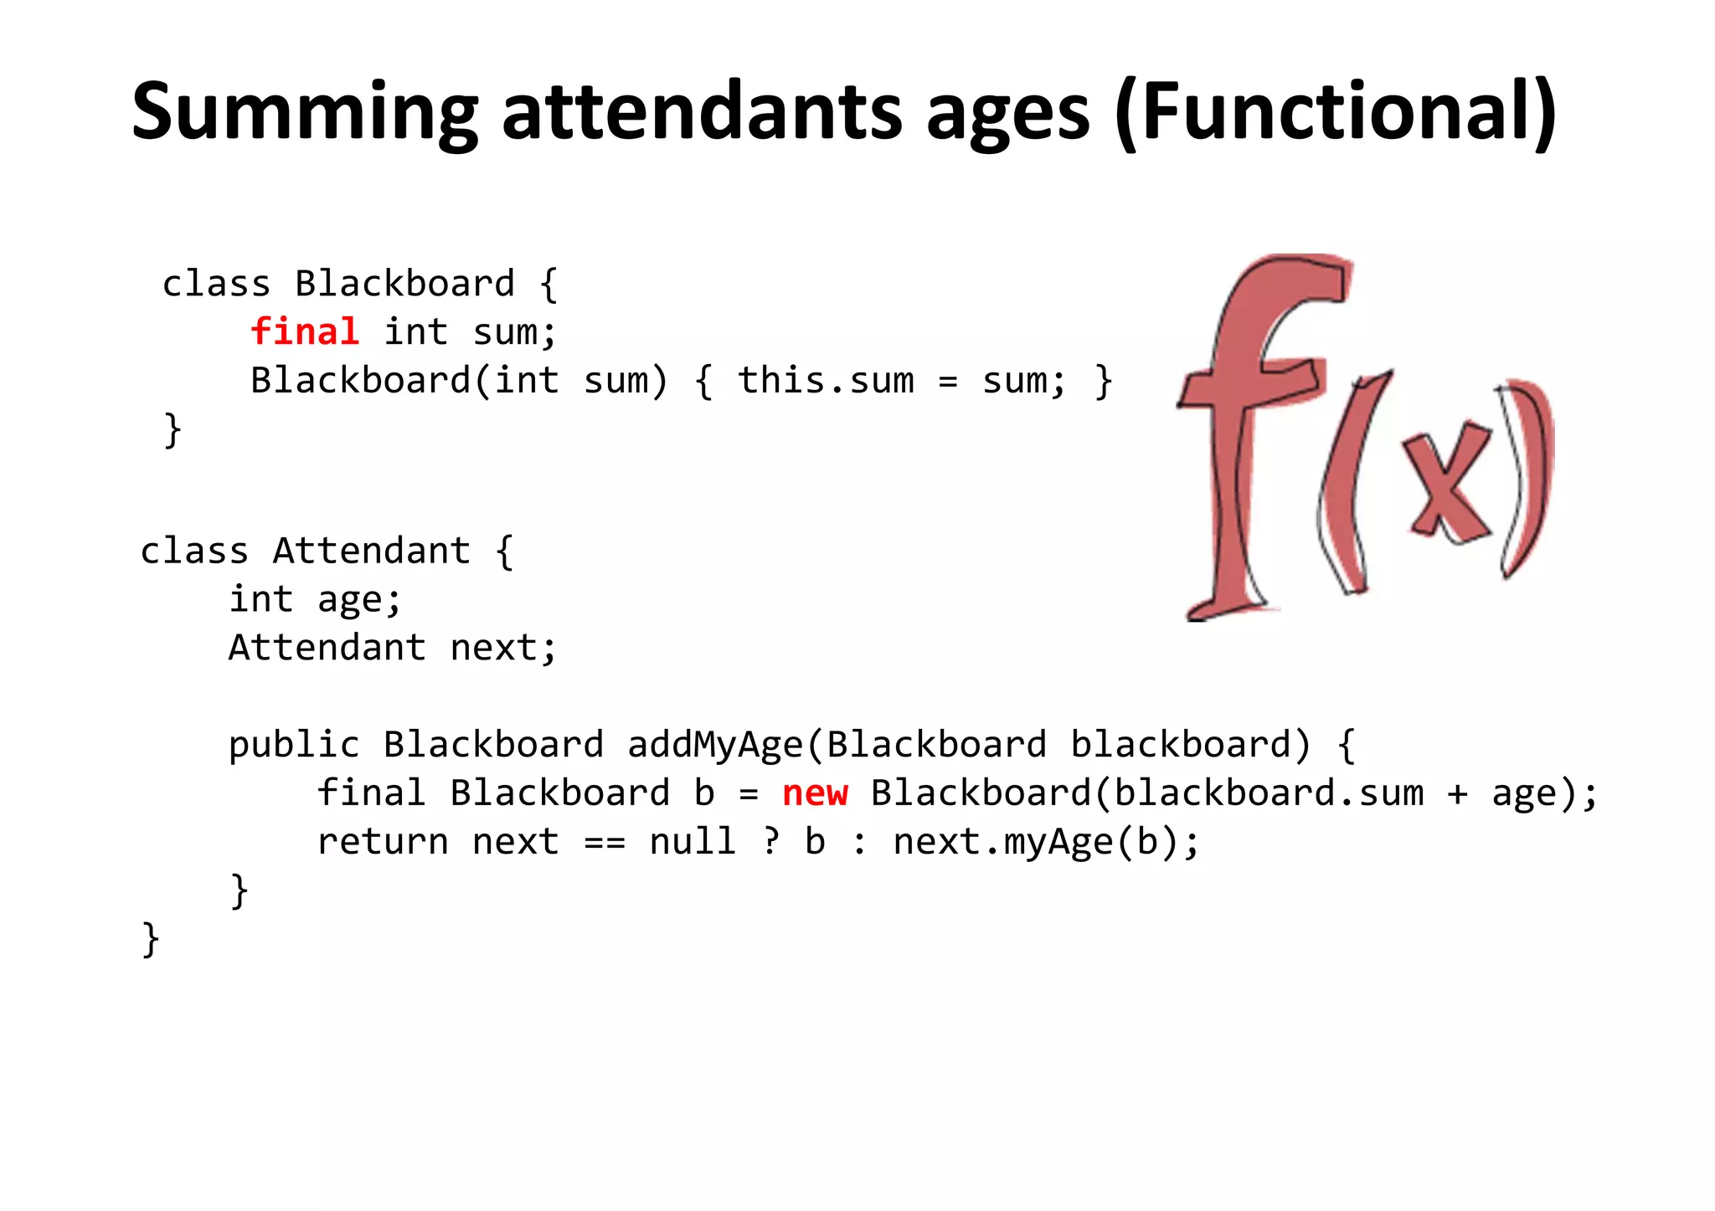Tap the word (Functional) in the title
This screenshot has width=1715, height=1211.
click(1336, 111)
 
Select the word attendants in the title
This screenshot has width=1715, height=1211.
click(702, 111)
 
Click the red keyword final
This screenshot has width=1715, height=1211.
click(305, 331)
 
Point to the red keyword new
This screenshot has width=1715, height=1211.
click(815, 793)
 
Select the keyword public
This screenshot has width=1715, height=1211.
click(294, 745)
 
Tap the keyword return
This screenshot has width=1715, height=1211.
click(383, 841)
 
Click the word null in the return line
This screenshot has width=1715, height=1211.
click(693, 841)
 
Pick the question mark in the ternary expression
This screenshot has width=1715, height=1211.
click(770, 841)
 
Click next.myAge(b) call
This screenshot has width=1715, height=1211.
click(1047, 842)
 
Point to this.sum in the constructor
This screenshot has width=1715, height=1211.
click(826, 381)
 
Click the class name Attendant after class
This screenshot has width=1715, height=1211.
click(371, 552)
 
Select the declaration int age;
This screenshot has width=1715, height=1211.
click(316, 600)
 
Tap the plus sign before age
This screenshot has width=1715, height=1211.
click(1457, 793)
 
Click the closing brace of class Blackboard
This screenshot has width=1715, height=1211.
click(173, 430)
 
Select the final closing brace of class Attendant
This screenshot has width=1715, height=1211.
click(151, 939)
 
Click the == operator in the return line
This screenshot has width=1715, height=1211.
click(604, 842)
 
